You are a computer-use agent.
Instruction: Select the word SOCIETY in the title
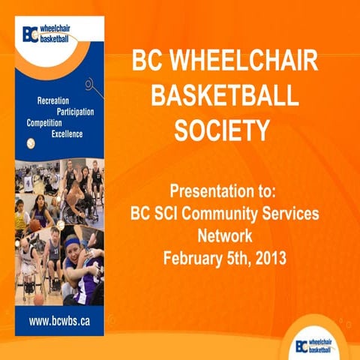(221, 130)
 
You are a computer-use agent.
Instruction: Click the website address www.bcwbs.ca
(60, 321)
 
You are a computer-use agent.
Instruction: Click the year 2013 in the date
(271, 259)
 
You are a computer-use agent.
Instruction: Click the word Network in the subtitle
(221, 235)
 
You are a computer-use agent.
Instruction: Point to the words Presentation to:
(221, 190)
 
